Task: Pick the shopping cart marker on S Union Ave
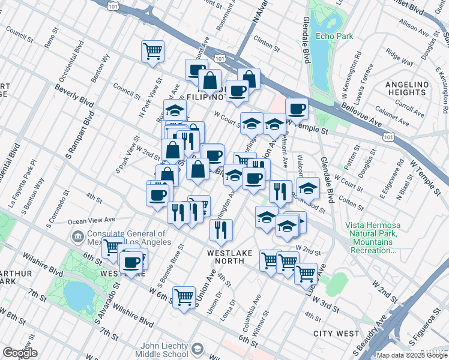(184, 296)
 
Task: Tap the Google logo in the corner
(20, 353)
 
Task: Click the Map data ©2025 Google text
(412, 355)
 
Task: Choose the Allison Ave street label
(411, 27)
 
